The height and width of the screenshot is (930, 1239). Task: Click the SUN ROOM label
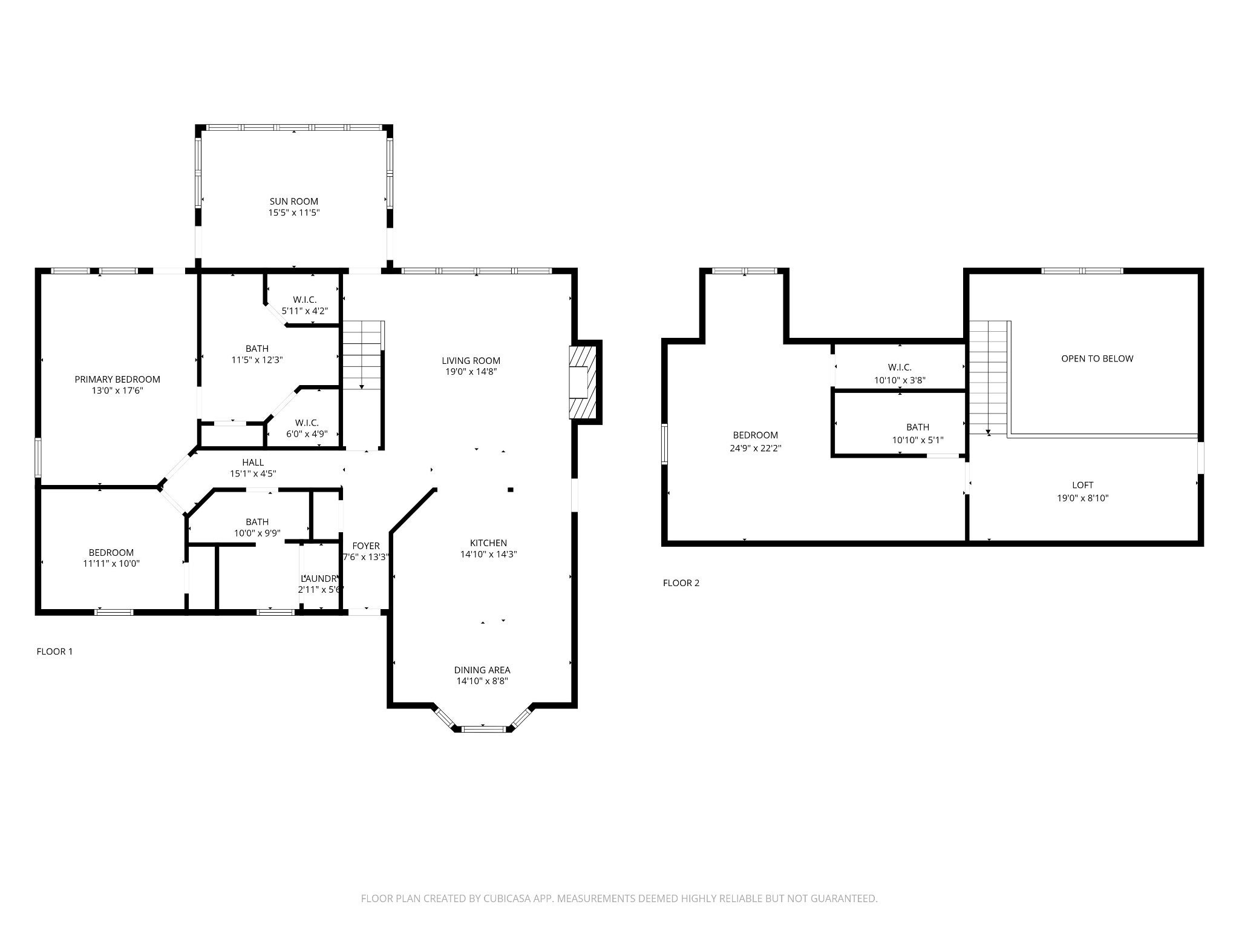pos(293,201)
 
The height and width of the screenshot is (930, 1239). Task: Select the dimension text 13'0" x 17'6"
pos(117,391)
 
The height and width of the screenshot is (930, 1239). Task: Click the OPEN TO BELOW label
pos(1097,358)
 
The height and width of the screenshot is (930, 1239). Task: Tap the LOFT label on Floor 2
pos(1082,485)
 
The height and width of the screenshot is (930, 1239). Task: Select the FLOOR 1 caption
pos(54,651)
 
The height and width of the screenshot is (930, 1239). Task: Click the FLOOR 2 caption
pos(681,583)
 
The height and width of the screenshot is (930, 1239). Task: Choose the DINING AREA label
pos(482,670)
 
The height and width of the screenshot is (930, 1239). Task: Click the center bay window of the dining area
pos(483,729)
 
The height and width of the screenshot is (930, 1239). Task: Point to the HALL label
pos(252,463)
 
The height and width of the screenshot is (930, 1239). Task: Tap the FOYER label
pos(366,546)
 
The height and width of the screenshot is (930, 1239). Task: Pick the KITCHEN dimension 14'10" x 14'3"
pos(488,554)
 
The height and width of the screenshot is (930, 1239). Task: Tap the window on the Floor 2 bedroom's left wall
pos(665,444)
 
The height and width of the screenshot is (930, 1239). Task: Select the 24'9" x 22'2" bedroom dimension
pos(755,449)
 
